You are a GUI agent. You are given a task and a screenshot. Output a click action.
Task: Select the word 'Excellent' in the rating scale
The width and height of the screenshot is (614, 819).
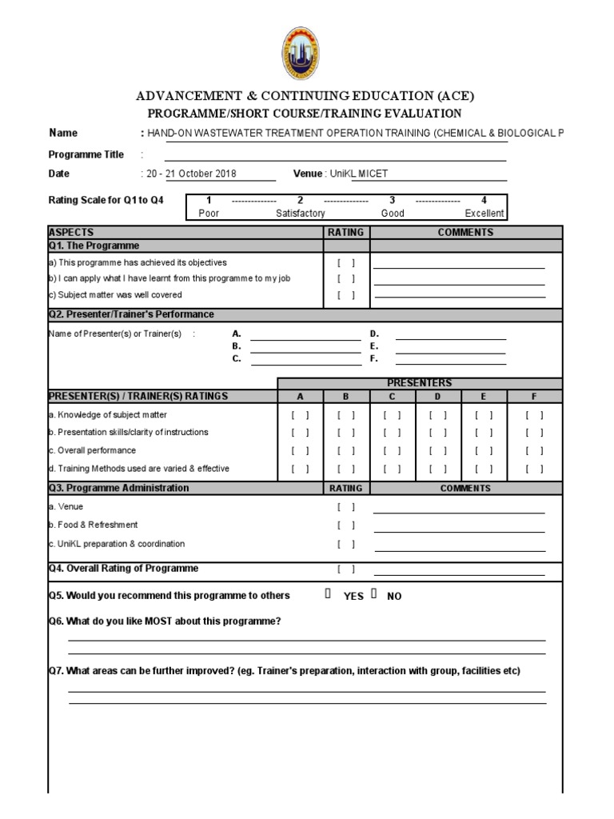coord(484,214)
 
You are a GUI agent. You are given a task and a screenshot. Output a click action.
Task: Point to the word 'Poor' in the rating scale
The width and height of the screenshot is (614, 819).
coord(208,214)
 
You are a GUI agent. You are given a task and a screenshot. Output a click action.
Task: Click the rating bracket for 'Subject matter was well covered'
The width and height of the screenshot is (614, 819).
coord(346,295)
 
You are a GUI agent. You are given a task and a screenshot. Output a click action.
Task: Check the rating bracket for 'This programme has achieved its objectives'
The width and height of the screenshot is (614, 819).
coord(346,262)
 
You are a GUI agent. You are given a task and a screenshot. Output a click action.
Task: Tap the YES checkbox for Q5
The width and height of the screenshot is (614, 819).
coord(329,595)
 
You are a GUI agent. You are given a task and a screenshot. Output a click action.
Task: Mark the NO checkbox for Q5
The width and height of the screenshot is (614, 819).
coord(373,595)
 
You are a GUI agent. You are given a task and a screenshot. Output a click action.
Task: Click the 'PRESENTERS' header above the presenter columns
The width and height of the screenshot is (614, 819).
coord(420,383)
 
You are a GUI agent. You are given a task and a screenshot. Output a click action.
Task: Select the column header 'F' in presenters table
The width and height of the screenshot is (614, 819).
coord(534,396)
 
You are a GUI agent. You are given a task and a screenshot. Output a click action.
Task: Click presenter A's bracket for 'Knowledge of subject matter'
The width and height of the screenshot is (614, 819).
coord(300,415)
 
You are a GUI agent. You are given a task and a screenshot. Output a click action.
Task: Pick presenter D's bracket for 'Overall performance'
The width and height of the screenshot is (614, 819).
coord(437,450)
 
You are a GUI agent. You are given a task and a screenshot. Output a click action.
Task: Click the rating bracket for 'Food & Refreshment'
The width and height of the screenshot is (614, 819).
coord(346,525)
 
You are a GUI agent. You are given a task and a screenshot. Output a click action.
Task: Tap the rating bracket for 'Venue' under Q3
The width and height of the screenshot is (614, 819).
coord(346,507)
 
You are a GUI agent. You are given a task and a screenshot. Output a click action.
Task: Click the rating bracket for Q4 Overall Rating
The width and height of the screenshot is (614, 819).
coord(346,569)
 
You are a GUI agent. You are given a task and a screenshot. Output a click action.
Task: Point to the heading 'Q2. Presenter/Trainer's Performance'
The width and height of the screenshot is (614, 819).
coord(131,314)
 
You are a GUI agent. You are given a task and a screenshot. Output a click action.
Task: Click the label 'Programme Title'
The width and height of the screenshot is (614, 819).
coord(86,154)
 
